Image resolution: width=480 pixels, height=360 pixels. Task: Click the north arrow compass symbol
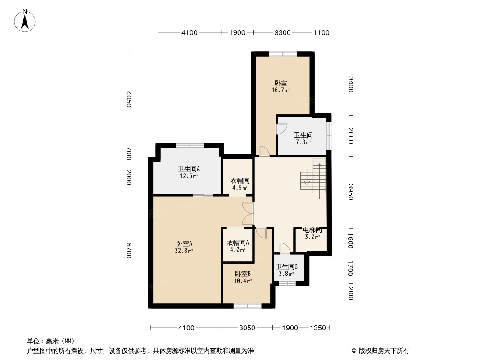25,21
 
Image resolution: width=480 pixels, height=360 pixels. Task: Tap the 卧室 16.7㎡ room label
281,86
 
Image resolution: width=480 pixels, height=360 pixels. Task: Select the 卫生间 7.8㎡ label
303,138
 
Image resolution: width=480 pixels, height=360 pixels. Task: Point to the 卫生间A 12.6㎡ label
189,172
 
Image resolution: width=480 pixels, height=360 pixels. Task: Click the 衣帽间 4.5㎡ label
240,184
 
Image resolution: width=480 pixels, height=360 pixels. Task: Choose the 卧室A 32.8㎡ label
184,247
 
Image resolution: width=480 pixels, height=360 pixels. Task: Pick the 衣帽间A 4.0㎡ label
238,246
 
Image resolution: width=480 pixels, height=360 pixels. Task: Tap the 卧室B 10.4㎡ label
243,277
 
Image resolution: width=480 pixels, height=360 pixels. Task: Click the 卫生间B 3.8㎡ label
286,270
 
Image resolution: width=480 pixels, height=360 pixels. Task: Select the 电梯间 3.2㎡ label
312,233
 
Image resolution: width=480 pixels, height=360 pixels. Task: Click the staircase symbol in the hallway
313,178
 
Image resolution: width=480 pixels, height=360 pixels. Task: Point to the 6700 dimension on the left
129,250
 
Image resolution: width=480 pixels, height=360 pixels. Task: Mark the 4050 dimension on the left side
129,99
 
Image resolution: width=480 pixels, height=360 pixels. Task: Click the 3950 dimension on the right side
351,192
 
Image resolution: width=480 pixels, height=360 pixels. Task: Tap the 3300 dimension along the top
282,32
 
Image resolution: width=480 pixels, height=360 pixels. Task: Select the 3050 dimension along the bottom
247,328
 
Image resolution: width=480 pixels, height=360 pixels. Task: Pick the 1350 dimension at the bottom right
318,328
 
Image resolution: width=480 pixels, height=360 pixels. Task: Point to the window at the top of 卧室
283,54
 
